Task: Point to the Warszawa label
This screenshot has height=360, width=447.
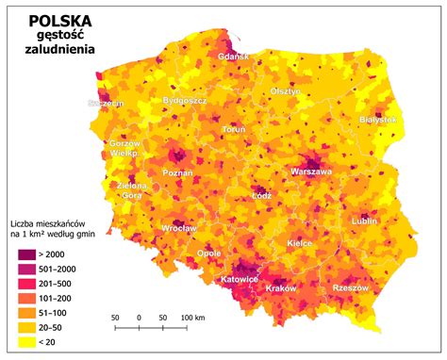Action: point(310,172)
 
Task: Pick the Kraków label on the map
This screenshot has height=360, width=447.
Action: point(281,288)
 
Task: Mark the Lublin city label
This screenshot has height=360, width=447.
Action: point(363,221)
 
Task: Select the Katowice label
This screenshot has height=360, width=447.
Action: point(240,280)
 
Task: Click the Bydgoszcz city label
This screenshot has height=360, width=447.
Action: point(185,99)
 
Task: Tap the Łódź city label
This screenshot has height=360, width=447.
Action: point(261,197)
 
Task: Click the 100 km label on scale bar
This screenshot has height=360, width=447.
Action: point(193,317)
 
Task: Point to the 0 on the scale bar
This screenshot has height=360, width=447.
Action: point(139,317)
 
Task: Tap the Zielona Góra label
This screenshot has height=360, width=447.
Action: point(131,191)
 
